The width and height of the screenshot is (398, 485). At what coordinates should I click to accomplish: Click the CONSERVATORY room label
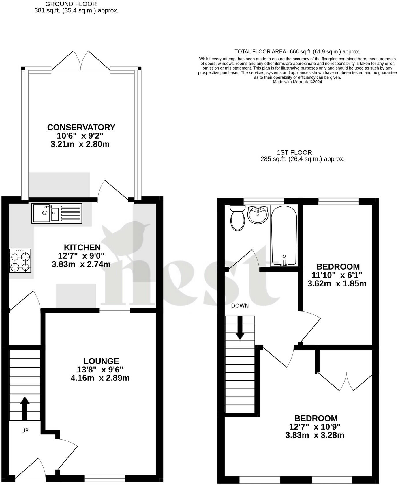click(x=81, y=127)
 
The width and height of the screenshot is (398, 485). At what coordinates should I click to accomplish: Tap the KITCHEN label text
click(x=82, y=247)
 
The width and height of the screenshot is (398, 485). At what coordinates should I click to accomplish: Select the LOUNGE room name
click(x=101, y=361)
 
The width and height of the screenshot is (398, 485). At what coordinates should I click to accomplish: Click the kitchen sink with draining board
click(x=57, y=213)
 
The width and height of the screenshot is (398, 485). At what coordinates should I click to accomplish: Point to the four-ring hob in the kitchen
click(x=20, y=261)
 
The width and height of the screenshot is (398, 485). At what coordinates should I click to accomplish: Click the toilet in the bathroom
click(x=238, y=218)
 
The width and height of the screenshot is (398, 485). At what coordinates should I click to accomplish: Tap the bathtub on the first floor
click(x=284, y=236)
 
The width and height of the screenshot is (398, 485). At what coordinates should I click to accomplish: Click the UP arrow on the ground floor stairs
click(x=25, y=408)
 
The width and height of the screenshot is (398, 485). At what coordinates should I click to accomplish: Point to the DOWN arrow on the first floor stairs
click(x=240, y=328)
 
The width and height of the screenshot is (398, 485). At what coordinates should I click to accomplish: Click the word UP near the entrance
click(x=25, y=431)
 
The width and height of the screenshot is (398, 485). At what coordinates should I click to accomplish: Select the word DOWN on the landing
click(x=240, y=306)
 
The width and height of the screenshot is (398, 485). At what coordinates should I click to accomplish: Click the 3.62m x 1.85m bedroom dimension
click(x=337, y=284)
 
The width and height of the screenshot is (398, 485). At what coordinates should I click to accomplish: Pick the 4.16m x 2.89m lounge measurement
click(x=100, y=378)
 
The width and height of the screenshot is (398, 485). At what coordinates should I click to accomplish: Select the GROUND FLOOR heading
click(x=71, y=4)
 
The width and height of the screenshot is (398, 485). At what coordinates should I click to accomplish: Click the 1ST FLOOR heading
click(x=294, y=153)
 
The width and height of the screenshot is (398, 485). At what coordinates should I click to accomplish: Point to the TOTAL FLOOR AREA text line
click(x=297, y=52)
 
